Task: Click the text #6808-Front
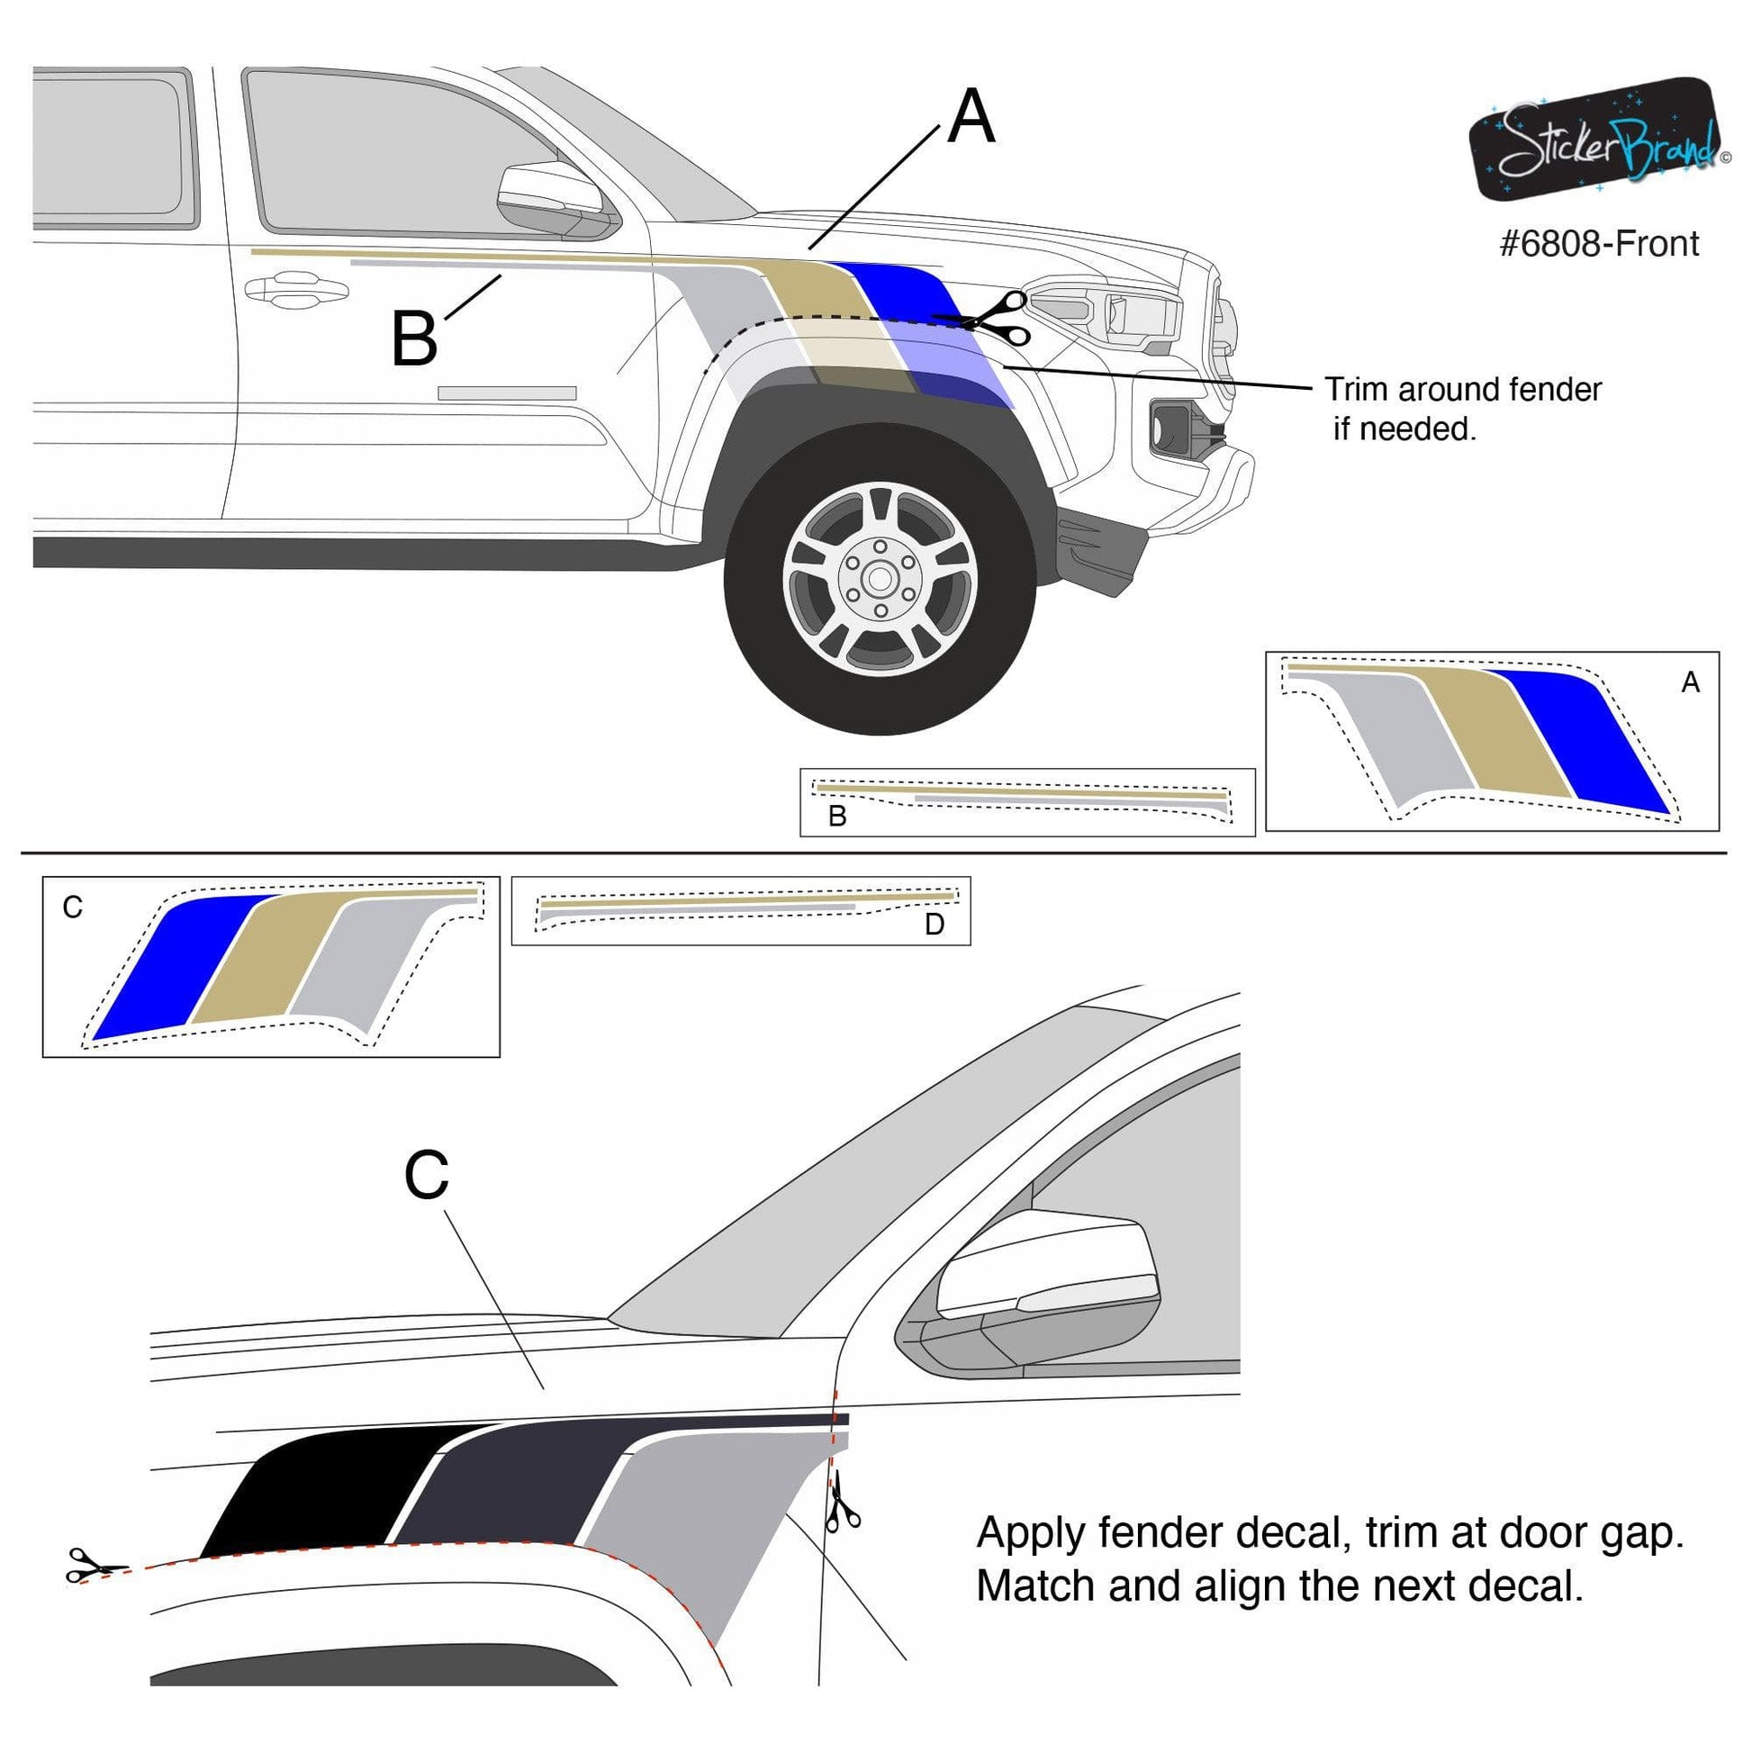click(1599, 244)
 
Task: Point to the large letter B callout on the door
click(413, 339)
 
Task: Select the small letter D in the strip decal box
click(934, 924)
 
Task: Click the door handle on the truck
click(295, 290)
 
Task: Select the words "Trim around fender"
click(1462, 390)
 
